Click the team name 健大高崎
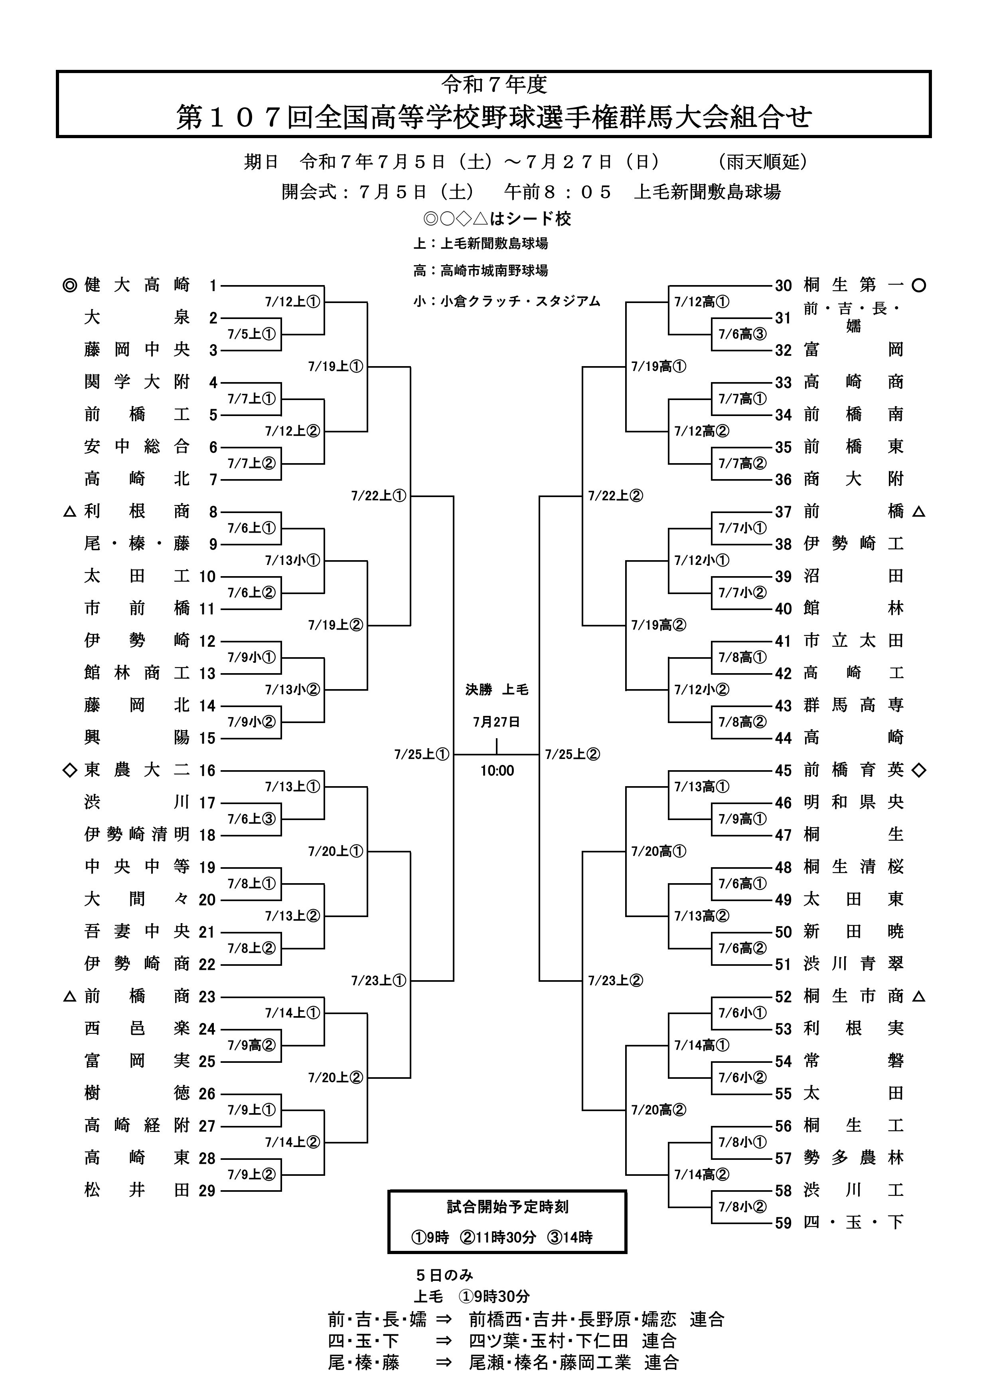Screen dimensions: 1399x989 point(136,285)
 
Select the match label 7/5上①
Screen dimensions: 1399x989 point(251,334)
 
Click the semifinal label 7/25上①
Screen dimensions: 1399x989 point(421,754)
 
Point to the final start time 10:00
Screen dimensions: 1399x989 point(497,771)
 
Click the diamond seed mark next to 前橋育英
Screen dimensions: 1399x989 point(919,770)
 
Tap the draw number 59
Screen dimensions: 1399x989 point(783,1223)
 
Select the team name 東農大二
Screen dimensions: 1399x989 point(136,770)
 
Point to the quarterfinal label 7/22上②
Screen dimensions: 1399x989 point(615,496)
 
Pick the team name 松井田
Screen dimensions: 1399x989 point(136,1191)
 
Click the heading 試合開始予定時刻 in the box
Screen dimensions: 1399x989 point(507,1207)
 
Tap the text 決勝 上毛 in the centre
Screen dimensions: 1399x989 point(497,690)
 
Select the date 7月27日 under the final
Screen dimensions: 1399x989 point(497,722)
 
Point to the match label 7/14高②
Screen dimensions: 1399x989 point(702,1174)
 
